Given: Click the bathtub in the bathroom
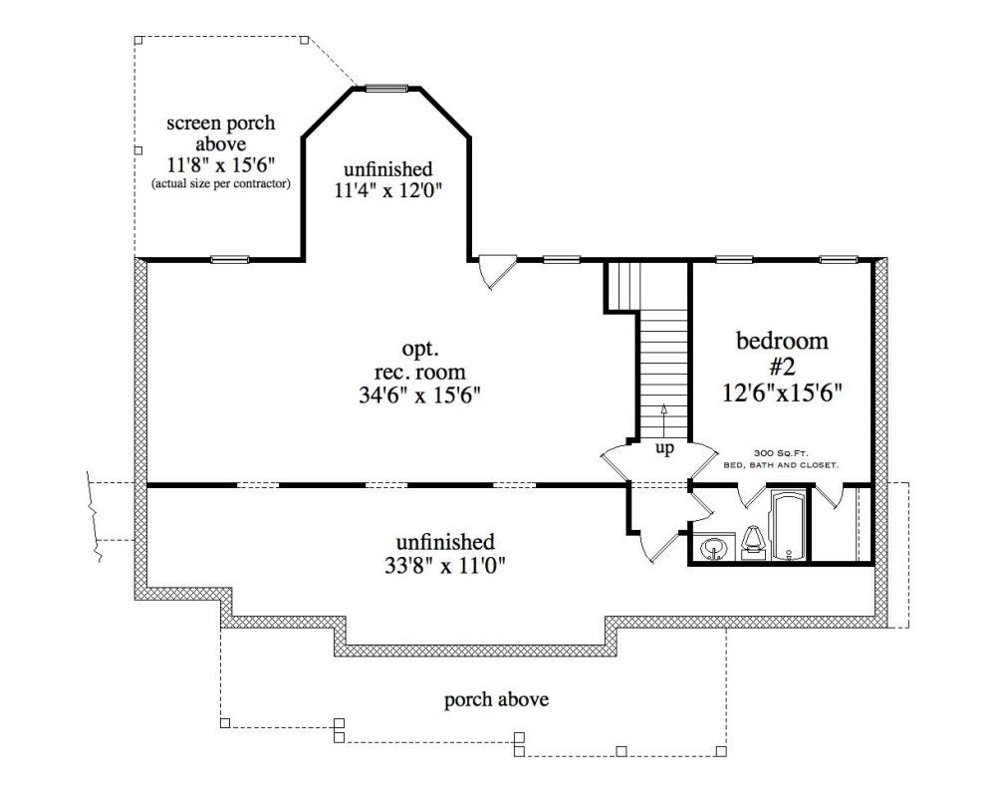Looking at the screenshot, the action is pyautogui.click(x=788, y=525).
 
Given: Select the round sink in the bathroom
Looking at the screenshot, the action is pyautogui.click(x=714, y=547).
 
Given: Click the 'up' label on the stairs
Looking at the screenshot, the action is pyautogui.click(x=664, y=448).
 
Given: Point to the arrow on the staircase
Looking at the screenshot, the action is pyautogui.click(x=664, y=421).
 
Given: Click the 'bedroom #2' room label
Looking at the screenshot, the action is pyautogui.click(x=782, y=354).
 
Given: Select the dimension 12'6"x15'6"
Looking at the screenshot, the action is pyautogui.click(x=782, y=393).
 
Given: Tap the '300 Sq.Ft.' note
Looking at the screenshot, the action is pyautogui.click(x=781, y=453).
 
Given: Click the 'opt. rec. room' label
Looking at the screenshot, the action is pyautogui.click(x=419, y=360).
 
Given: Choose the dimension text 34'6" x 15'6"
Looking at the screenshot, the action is pyautogui.click(x=419, y=395).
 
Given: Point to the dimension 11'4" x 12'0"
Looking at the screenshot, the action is pyautogui.click(x=387, y=189).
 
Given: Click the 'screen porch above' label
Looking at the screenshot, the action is pyautogui.click(x=221, y=132).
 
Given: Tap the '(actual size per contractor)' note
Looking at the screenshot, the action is pyautogui.click(x=221, y=184).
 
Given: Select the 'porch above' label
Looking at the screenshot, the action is pyautogui.click(x=496, y=700).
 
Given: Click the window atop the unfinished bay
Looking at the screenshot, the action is pyautogui.click(x=386, y=88).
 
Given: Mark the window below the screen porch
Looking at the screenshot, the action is pyautogui.click(x=230, y=259).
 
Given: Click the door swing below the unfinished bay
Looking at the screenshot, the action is pyautogui.click(x=496, y=271).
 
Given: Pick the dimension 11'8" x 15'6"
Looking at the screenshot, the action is pyautogui.click(x=221, y=164).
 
